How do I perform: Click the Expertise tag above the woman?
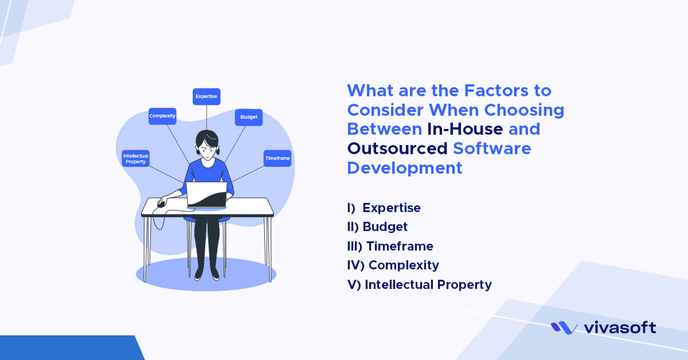click(x=206, y=96)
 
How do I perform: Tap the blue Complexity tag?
click(x=162, y=116)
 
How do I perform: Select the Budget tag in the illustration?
click(x=249, y=118)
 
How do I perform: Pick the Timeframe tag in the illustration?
click(x=277, y=158)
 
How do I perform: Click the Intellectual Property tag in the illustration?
click(x=136, y=158)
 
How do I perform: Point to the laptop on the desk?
click(x=206, y=195)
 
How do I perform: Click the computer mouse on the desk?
click(x=162, y=204)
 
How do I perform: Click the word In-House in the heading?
click(x=465, y=128)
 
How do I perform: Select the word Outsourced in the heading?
click(x=397, y=148)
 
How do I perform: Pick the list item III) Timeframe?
click(x=390, y=246)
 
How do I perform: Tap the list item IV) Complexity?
click(x=393, y=265)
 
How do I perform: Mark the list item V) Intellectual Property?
click(x=420, y=284)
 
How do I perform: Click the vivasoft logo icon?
click(x=564, y=327)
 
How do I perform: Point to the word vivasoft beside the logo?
click(x=619, y=327)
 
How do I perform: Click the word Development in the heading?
click(x=405, y=168)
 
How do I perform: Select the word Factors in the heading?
click(x=482, y=91)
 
